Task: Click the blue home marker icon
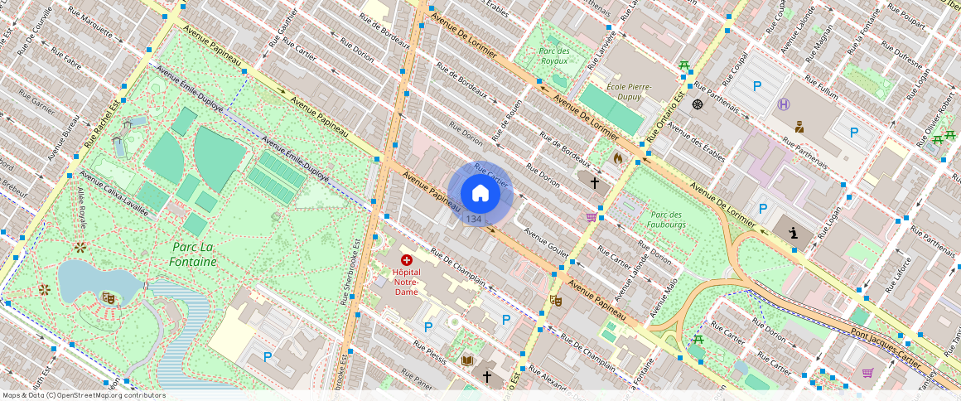(x=480, y=193)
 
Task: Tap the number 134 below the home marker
(x=473, y=219)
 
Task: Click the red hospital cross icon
(x=406, y=260)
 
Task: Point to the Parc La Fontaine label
(x=195, y=254)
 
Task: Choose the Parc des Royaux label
(x=554, y=56)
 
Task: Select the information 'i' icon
(x=794, y=234)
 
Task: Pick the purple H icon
(x=784, y=104)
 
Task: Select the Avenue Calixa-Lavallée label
(x=113, y=194)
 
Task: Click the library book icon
(x=467, y=360)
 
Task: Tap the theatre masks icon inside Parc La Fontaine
(x=108, y=297)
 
